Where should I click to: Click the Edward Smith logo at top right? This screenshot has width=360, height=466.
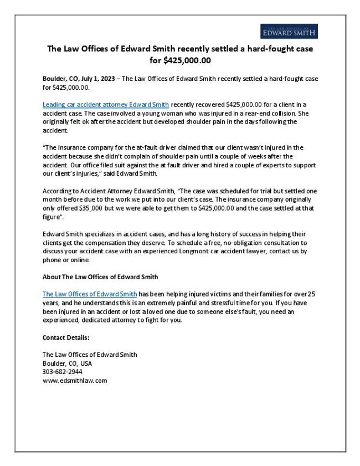[x=289, y=32]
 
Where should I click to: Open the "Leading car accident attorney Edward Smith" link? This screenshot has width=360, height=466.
[x=106, y=104]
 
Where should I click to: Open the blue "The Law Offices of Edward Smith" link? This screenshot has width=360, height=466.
[x=89, y=294]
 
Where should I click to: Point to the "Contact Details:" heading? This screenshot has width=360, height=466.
[x=66, y=337]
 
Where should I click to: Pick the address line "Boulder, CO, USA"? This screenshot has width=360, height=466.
[x=67, y=363]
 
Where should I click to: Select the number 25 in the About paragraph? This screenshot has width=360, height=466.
[x=311, y=294]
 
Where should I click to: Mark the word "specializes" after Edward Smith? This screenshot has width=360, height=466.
[x=97, y=233]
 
